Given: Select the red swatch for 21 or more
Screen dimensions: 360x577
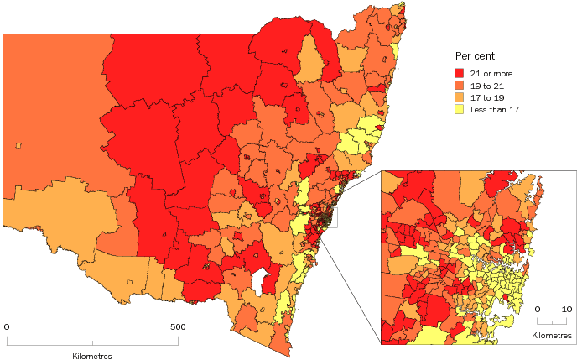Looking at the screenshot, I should point(459,74).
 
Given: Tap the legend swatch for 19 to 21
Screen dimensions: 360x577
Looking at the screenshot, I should point(459,86).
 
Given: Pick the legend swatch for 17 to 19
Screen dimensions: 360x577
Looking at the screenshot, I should point(459,97).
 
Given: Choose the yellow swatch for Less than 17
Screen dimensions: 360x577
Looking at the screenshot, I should point(459,109).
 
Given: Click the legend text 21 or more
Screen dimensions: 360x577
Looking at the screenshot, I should point(491,74).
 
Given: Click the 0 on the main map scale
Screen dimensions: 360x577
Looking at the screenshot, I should point(7,326).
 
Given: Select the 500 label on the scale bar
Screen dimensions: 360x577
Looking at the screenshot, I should point(177,326).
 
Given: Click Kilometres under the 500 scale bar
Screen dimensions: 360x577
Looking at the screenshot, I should point(92,356).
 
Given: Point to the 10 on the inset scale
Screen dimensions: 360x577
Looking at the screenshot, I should point(567,309).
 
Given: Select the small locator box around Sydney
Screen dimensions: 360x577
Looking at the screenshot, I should point(327,217).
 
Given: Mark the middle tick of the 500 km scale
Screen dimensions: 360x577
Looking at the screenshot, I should point(92,341).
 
